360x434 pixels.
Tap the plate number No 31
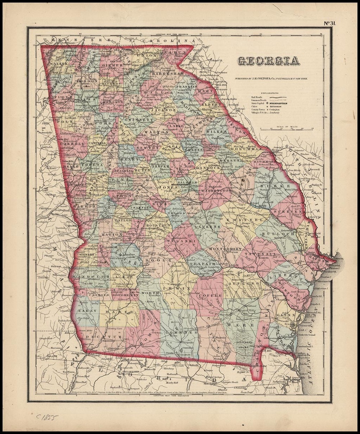pyautogui.click(x=330, y=24)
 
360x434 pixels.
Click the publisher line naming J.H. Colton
pyautogui.click(x=268, y=79)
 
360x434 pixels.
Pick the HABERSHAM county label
pyautogui.click(x=168, y=73)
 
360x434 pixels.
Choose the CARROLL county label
pyautogui.click(x=73, y=144)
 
